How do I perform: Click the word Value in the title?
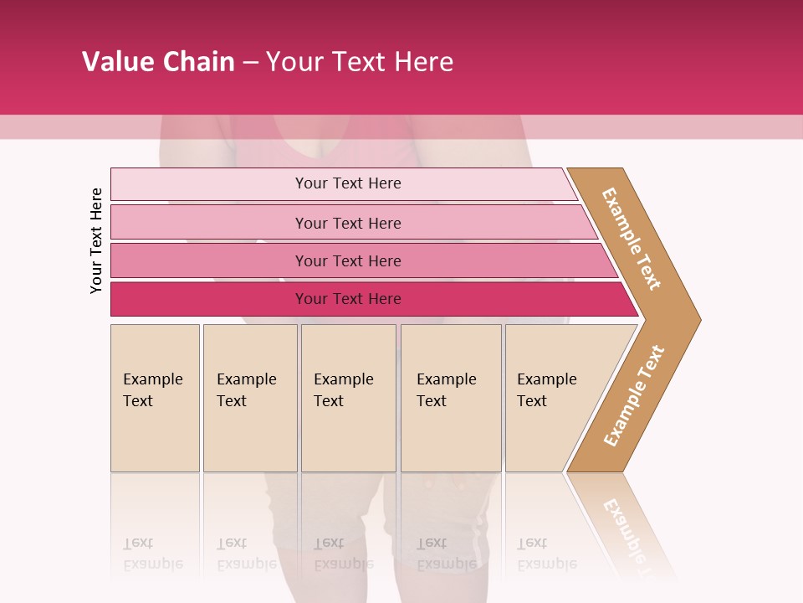(116, 62)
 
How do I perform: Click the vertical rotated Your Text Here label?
(96, 240)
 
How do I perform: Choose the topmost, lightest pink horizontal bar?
(343, 183)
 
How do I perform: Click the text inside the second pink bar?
(348, 223)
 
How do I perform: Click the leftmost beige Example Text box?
(155, 398)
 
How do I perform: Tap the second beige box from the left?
(249, 398)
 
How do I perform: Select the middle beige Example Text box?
(348, 398)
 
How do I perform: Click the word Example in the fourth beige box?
(447, 379)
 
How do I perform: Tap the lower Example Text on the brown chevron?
(634, 395)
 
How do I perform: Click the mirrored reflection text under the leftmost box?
(153, 554)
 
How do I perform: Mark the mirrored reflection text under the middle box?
(343, 554)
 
